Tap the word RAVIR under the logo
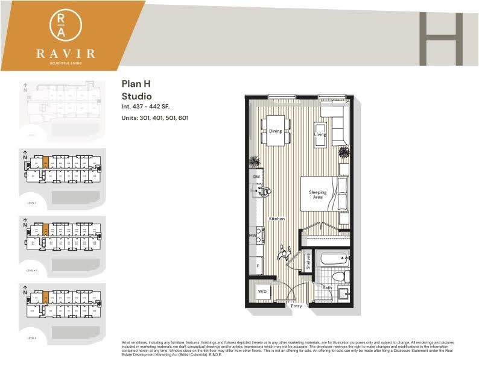click(65, 52)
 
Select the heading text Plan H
click(136, 85)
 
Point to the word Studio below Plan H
click(136, 96)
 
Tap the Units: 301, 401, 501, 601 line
click(155, 118)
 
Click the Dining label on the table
click(275, 131)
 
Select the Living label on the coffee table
click(320, 134)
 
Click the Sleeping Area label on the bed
click(317, 195)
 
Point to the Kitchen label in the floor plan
click(277, 219)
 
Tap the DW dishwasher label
click(256, 176)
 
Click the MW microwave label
click(253, 235)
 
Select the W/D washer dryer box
click(262, 292)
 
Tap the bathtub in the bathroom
click(334, 260)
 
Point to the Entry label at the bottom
click(296, 306)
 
